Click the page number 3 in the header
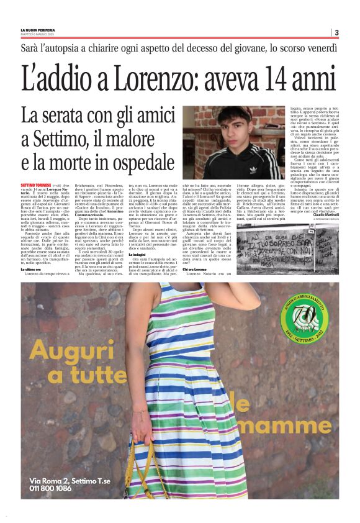tap(336, 33)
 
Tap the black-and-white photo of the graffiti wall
tap(287, 248)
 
